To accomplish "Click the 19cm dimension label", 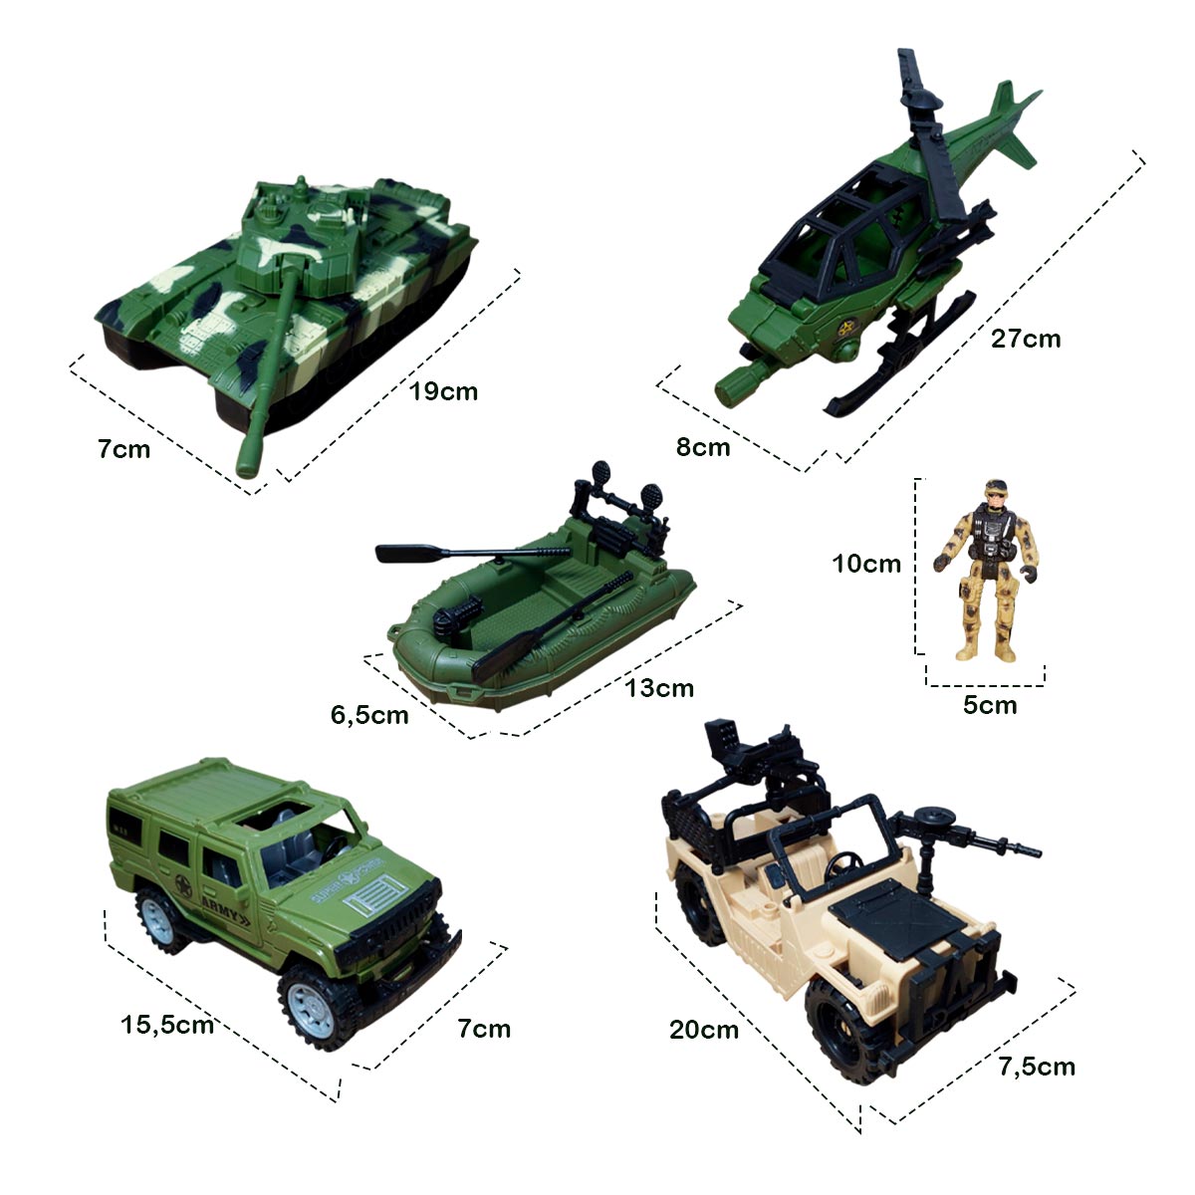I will pyautogui.click(x=444, y=391).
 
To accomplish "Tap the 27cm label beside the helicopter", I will pyautogui.click(x=1026, y=339).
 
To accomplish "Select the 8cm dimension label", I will pyautogui.click(x=703, y=447).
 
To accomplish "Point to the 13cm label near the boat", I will pyautogui.click(x=659, y=687).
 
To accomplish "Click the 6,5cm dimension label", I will pyautogui.click(x=369, y=714).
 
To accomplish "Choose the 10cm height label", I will pyautogui.click(x=866, y=564).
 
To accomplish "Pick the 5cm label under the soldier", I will pyautogui.click(x=990, y=706).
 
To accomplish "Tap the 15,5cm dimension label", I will pyautogui.click(x=167, y=1024).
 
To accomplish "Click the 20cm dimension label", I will pyautogui.click(x=704, y=1030).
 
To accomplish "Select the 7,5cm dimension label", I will pyautogui.click(x=1037, y=1067).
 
